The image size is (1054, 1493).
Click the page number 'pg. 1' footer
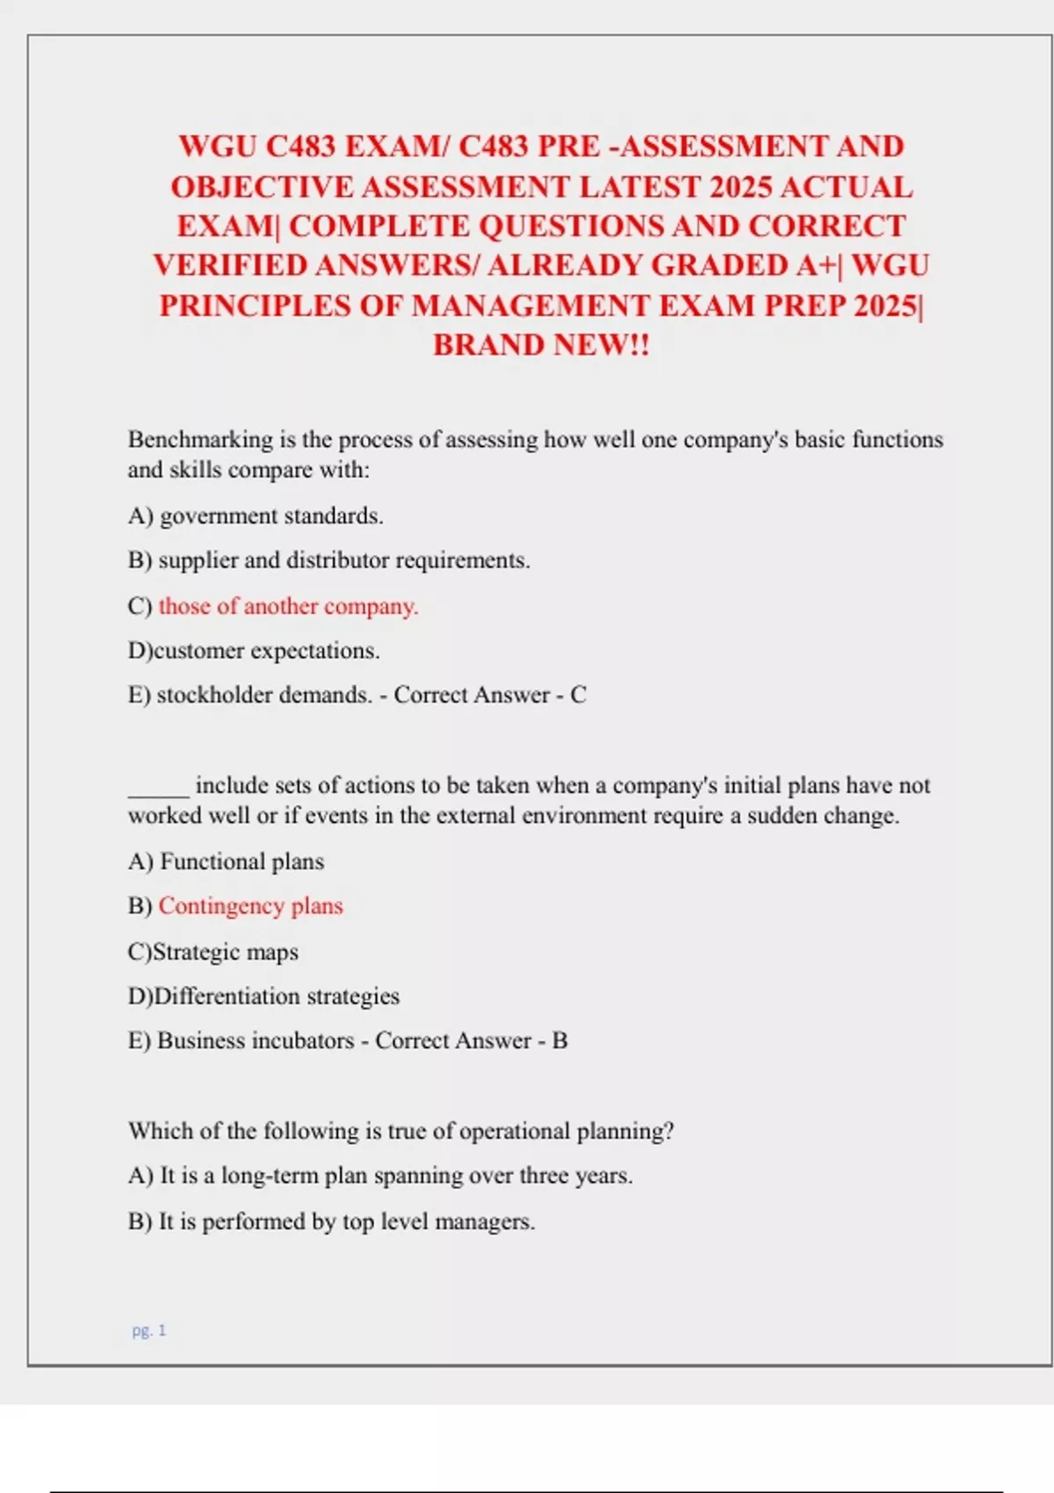[x=148, y=1331]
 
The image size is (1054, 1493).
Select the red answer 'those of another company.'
[x=288, y=606]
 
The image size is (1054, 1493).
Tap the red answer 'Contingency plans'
[x=250, y=905]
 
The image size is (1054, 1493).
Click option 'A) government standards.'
[x=256, y=516]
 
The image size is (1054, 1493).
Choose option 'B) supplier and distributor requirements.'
[x=328, y=560]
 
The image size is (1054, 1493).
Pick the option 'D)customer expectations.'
[x=254, y=651]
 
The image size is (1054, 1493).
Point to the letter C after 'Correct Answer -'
[x=578, y=695]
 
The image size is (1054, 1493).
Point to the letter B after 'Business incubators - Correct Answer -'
[x=559, y=1041]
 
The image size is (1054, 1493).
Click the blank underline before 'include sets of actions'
[x=158, y=786]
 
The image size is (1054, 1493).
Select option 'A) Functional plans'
[x=226, y=862]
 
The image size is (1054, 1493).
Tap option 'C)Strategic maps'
[x=213, y=952]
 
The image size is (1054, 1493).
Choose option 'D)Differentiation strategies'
[x=263, y=996]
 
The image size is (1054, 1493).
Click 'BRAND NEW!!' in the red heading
[x=541, y=344]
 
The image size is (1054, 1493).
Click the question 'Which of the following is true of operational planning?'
[x=401, y=1130]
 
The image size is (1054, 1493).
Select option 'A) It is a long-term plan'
[x=379, y=1175]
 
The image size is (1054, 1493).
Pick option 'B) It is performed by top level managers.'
[x=331, y=1222]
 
